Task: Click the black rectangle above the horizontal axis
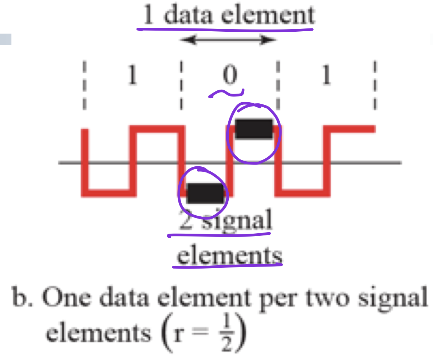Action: pos(254,129)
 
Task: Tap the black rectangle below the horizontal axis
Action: pos(205,193)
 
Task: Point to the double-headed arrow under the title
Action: pos(228,40)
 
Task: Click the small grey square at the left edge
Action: pos(5,39)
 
